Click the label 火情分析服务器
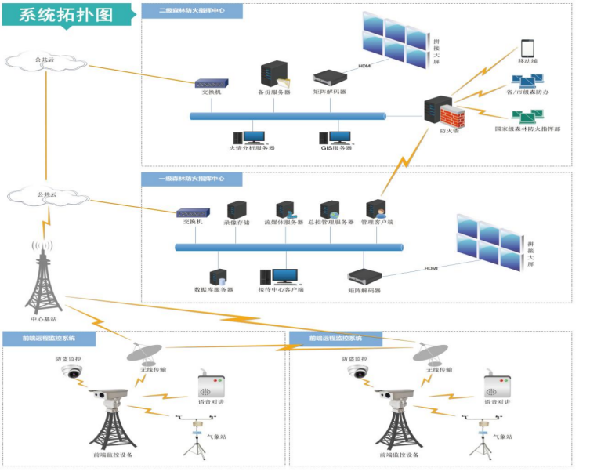point(252,147)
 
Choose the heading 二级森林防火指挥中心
point(191,11)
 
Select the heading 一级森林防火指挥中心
point(191,179)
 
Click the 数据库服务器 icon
point(218,277)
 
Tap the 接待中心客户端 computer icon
point(284,277)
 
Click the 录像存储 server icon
point(237,209)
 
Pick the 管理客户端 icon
point(375,209)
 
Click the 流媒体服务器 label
point(283,222)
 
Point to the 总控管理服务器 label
point(329,222)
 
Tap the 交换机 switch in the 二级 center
point(211,82)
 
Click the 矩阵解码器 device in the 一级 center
point(364,277)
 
